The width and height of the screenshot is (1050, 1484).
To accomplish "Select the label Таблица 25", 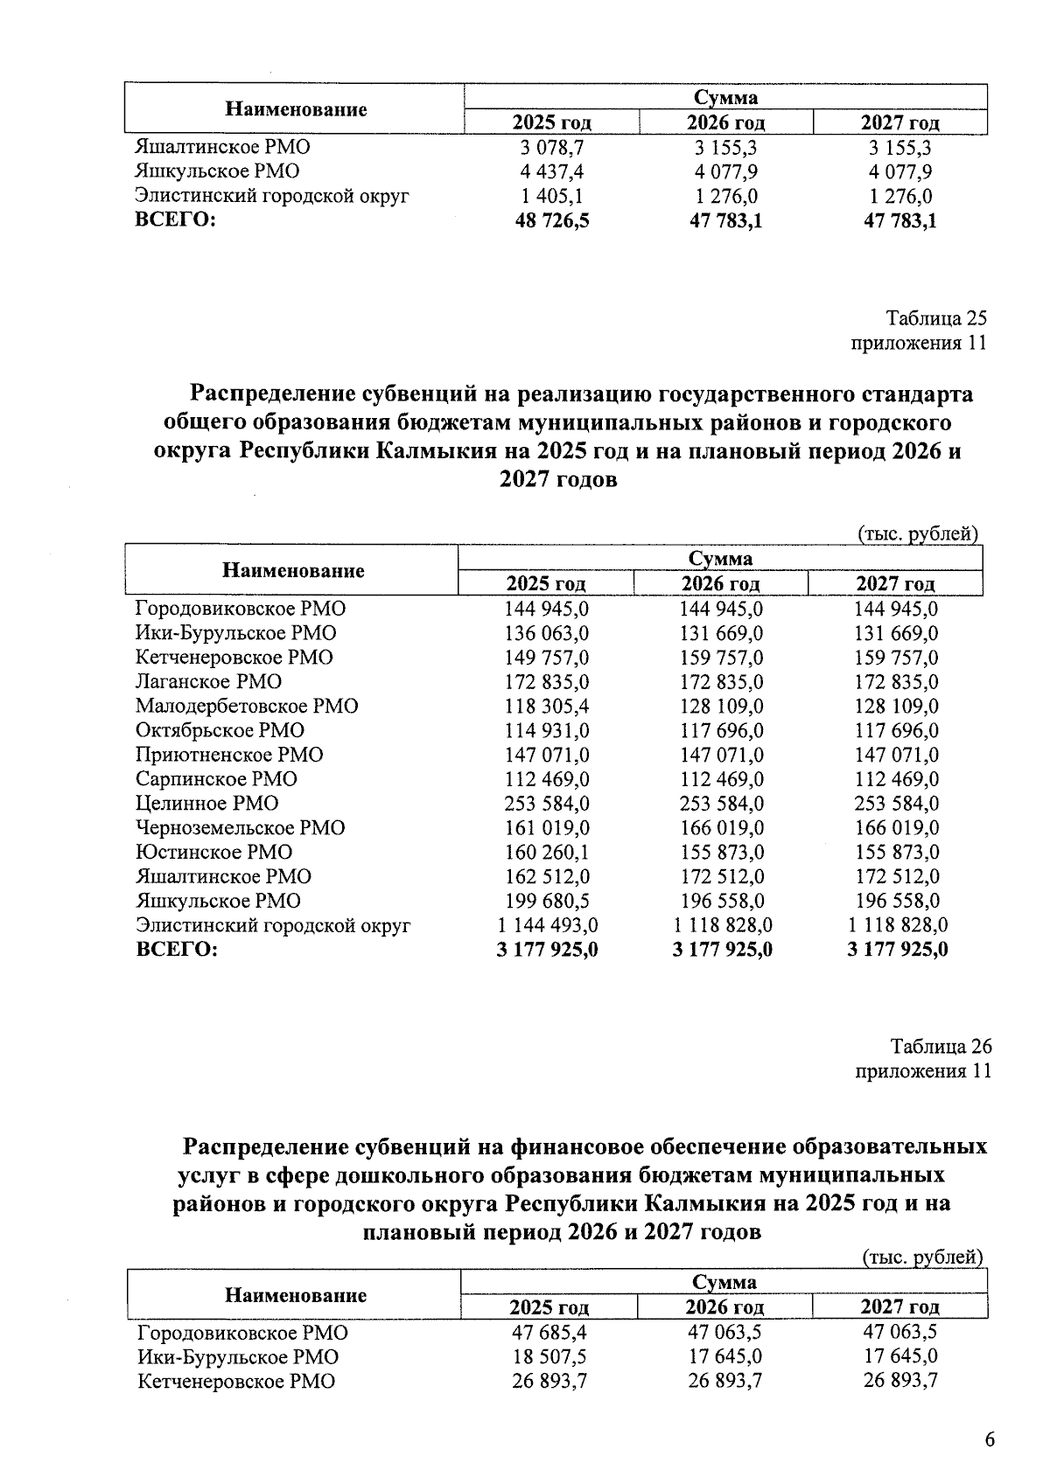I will tap(936, 318).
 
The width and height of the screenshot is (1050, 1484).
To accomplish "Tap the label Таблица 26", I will tap(941, 1046).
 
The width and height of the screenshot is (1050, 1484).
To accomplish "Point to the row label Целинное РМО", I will tap(206, 803).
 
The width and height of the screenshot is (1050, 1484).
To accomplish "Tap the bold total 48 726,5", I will tap(552, 220).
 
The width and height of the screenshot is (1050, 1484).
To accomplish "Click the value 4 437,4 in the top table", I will tap(552, 171).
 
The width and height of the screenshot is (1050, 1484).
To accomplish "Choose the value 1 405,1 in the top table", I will tap(552, 196).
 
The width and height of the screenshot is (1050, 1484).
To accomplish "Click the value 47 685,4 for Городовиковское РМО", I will tap(549, 1333).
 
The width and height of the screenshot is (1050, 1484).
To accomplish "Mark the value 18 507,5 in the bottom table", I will tap(549, 1357).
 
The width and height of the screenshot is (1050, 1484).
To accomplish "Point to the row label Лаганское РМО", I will tap(208, 681).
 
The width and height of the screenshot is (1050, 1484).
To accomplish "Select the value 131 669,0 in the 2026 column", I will tap(722, 632).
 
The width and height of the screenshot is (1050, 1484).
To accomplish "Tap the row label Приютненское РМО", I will tap(229, 755).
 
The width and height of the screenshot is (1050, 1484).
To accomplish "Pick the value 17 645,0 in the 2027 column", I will tap(900, 1357).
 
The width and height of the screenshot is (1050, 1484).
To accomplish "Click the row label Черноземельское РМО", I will tap(240, 827).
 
